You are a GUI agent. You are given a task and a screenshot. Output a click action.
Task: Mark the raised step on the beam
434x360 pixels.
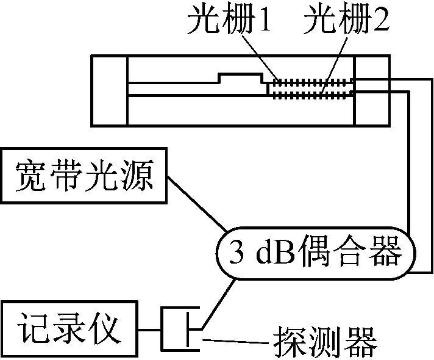[241, 77]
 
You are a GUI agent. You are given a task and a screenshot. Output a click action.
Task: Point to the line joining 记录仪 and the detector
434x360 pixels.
[151, 330]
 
